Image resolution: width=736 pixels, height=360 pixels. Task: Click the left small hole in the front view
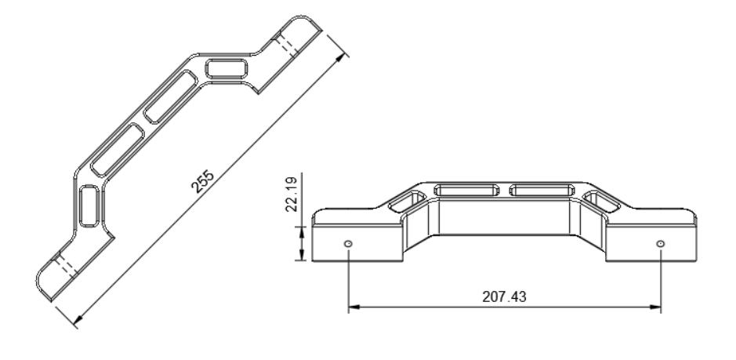pos(348,244)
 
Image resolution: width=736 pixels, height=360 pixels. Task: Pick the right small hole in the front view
pos(661,244)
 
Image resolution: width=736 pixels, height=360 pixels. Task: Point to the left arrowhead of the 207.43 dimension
pos(353,307)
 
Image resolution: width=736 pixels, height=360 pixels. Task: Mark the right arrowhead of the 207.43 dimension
pos(656,307)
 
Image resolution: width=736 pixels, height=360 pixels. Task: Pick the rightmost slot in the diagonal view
pos(228,68)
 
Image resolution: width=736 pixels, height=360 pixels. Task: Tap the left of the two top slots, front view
pos(469,189)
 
